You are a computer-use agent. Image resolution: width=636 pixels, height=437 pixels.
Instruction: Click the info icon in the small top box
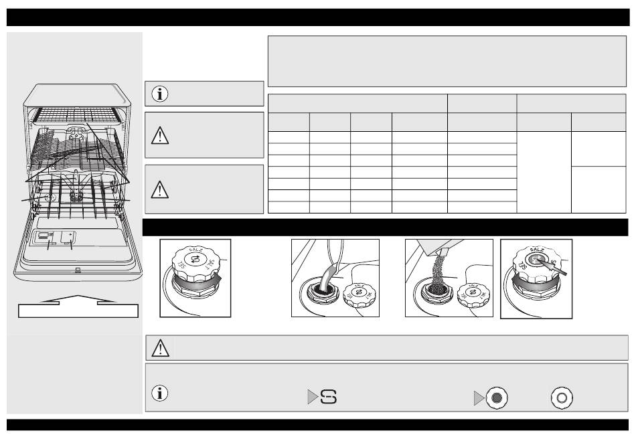pos(161,94)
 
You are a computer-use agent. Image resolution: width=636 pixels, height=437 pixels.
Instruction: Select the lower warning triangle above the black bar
pos(161,189)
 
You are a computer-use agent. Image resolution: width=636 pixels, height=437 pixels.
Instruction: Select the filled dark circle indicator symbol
pos(497,397)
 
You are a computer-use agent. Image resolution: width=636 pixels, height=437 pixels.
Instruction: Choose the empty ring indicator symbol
pos(561,397)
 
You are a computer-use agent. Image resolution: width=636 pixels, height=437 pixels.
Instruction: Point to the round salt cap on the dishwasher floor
pos(48,198)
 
